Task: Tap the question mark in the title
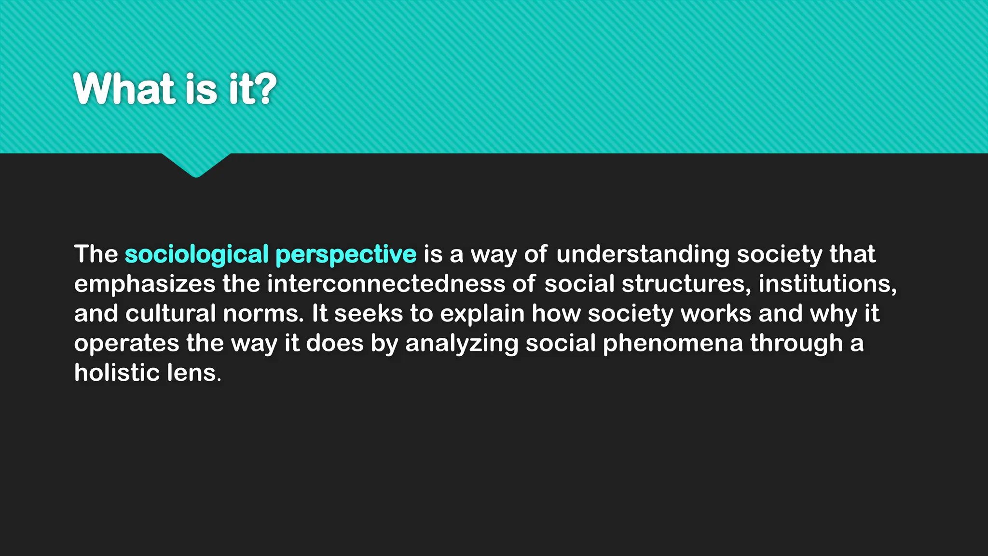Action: [x=266, y=89]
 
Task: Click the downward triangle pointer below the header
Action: [x=196, y=165]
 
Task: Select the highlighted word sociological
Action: [x=196, y=255]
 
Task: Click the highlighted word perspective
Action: [x=345, y=255]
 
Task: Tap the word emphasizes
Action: [x=144, y=284]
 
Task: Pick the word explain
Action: [x=482, y=314]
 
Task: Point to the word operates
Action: [x=126, y=344]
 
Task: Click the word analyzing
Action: [x=462, y=344]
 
